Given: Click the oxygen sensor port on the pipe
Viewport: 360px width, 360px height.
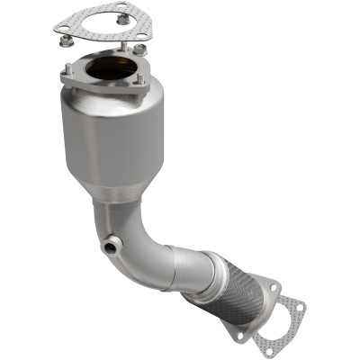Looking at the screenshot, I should click(x=110, y=245).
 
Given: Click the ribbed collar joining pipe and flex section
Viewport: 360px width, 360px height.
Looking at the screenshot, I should click(x=203, y=270).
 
